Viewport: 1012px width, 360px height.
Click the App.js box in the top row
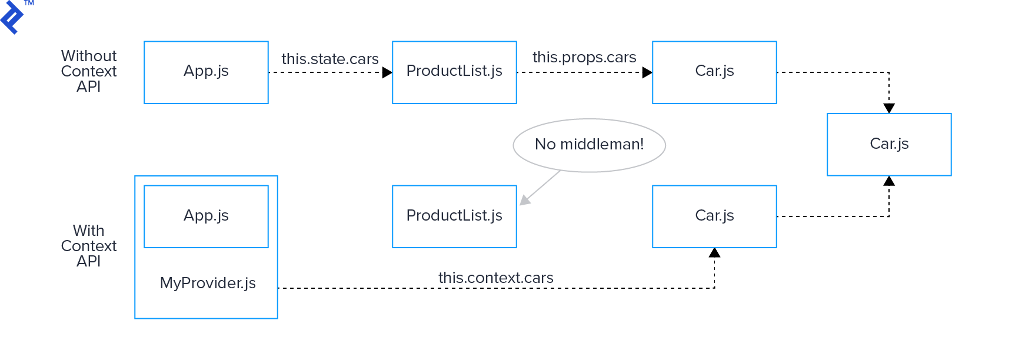click(x=206, y=72)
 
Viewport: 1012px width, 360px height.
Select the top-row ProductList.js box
click(x=454, y=72)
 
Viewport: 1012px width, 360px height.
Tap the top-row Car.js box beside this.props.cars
click(x=714, y=72)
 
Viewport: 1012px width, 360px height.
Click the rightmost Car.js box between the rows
click(x=889, y=144)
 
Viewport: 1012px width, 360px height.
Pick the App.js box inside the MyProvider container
click(x=206, y=216)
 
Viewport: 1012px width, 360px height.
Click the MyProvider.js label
click(x=208, y=283)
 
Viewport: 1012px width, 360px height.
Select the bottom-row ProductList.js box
click(x=454, y=216)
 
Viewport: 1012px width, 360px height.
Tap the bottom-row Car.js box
click(x=714, y=216)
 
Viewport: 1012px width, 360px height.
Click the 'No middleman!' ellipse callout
click(x=589, y=145)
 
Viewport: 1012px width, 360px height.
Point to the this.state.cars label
click(x=329, y=59)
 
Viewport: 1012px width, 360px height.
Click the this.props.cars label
click(x=584, y=57)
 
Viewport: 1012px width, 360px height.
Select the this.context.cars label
click(x=495, y=278)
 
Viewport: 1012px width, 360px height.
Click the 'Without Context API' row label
click(x=89, y=71)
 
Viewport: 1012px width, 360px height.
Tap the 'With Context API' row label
click(x=89, y=246)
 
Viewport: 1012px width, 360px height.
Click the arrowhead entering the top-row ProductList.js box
click(x=387, y=72)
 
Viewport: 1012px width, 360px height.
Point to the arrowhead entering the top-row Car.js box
click(x=647, y=72)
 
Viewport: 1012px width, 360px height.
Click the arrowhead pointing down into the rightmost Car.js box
click(x=889, y=108)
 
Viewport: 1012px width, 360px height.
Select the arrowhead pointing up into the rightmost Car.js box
click(x=889, y=181)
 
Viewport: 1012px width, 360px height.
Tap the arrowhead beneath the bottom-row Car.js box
click(x=714, y=253)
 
